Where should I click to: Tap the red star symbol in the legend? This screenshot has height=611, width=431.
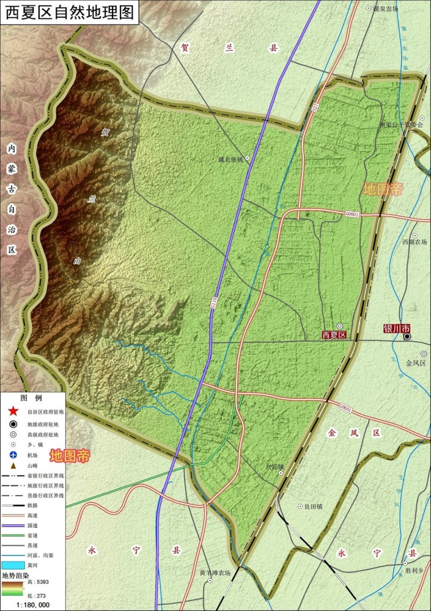point(14,412)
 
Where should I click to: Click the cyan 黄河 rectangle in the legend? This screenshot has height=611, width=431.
point(13,565)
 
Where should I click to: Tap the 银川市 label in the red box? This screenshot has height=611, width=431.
point(396,328)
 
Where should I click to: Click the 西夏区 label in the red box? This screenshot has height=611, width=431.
point(334,335)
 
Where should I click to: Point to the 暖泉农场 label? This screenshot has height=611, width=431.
point(386,9)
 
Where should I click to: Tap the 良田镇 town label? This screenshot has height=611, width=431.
point(313,507)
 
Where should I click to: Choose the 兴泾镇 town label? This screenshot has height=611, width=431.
point(274,467)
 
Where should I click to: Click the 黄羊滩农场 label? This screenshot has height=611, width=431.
point(215,573)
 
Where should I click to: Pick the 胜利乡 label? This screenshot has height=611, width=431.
point(414,571)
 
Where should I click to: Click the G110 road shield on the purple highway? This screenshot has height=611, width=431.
point(214,302)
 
